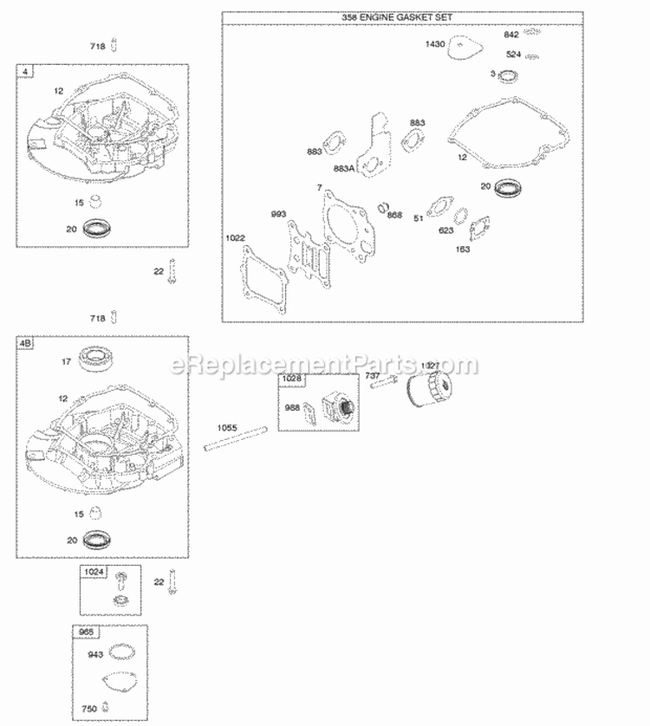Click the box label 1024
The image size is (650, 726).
[94, 572]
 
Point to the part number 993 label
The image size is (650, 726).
[279, 214]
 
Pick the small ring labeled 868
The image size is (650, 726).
[381, 208]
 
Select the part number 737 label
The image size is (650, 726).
[372, 376]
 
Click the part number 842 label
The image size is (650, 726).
[512, 35]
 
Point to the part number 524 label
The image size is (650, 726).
[513, 55]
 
